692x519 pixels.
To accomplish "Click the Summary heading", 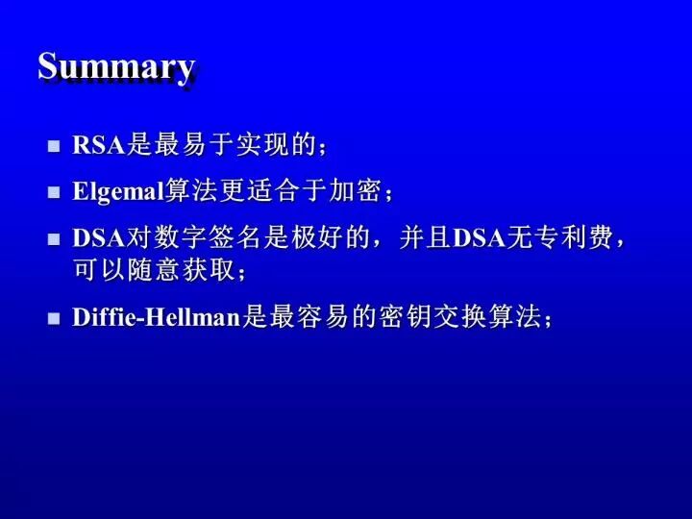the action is click(x=116, y=67).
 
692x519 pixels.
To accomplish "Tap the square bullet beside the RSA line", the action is click(x=54, y=146).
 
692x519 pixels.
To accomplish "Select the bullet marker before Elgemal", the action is click(x=54, y=192).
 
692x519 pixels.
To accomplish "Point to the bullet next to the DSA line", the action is click(x=54, y=238).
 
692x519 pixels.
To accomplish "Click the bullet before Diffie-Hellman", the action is click(x=54, y=318).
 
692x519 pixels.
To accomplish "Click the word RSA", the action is click(x=99, y=145).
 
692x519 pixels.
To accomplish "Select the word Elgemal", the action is click(x=118, y=192).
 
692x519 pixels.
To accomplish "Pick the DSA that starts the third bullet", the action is click(x=99, y=238).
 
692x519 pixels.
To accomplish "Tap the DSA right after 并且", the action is click(x=480, y=238).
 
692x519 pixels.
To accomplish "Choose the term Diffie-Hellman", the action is click(x=157, y=317).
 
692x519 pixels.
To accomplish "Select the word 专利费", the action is click(x=573, y=237).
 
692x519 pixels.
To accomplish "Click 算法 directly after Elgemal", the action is click(x=190, y=191).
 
